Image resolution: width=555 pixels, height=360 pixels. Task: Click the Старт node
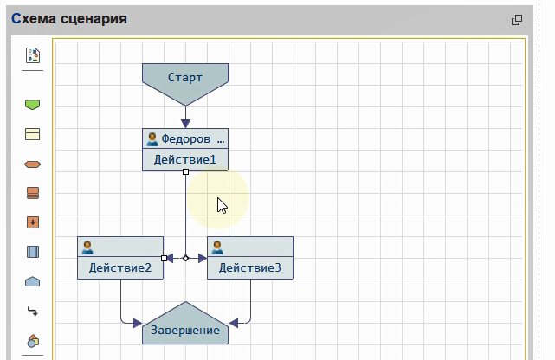pyautogui.click(x=185, y=77)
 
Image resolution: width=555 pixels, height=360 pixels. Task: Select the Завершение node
pyautogui.click(x=185, y=329)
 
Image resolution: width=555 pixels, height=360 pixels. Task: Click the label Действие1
pyautogui.click(x=185, y=160)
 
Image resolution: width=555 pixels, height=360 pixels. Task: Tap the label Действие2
pyautogui.click(x=120, y=268)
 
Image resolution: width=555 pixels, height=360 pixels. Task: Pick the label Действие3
pyautogui.click(x=250, y=268)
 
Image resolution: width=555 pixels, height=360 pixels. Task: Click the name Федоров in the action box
pyautogui.click(x=185, y=138)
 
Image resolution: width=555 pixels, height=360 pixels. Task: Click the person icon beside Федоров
pyautogui.click(x=152, y=138)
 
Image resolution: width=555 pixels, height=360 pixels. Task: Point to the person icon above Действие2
pyautogui.click(x=87, y=247)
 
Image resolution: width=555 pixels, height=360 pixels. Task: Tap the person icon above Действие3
pyautogui.click(x=217, y=247)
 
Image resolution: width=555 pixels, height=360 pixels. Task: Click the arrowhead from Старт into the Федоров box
pyautogui.click(x=185, y=124)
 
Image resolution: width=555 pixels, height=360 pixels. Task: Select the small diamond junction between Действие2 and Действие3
pyautogui.click(x=185, y=258)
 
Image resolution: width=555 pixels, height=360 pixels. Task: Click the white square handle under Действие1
pyautogui.click(x=185, y=172)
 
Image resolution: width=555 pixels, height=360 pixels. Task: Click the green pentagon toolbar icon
pyautogui.click(x=33, y=105)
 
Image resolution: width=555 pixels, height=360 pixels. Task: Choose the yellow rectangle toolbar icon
pyautogui.click(x=33, y=134)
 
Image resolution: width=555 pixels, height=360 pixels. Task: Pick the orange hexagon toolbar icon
pyautogui.click(x=33, y=164)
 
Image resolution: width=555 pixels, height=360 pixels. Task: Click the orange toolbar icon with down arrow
pyautogui.click(x=33, y=222)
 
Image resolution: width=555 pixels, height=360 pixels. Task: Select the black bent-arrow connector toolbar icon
pyautogui.click(x=33, y=311)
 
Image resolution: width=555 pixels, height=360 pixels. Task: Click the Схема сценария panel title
pyautogui.click(x=69, y=19)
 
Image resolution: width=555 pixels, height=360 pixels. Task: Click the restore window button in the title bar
pyautogui.click(x=517, y=20)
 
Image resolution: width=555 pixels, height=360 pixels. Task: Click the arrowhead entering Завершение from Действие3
pyautogui.click(x=234, y=323)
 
